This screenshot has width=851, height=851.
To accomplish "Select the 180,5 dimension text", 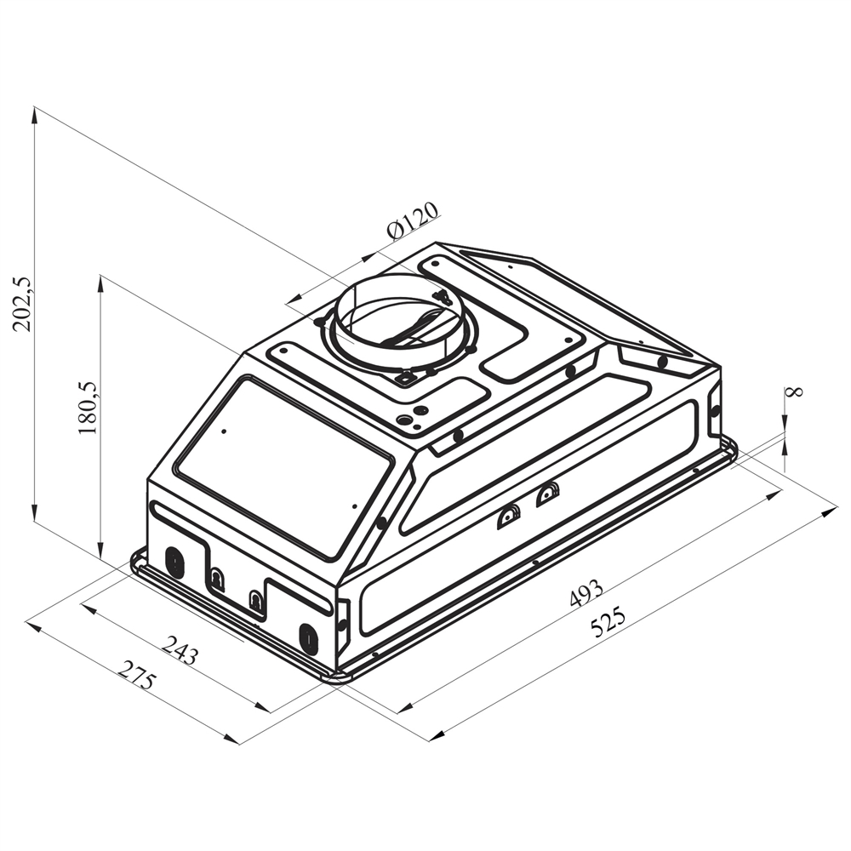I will click(88, 408).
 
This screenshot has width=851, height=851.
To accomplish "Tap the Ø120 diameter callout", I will click(413, 220).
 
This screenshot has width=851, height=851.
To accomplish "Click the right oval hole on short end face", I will click(308, 638).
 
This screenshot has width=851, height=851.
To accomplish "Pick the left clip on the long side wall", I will click(509, 516).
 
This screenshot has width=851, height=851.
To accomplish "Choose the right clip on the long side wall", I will click(549, 494).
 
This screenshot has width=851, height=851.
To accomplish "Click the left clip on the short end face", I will click(218, 580).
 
